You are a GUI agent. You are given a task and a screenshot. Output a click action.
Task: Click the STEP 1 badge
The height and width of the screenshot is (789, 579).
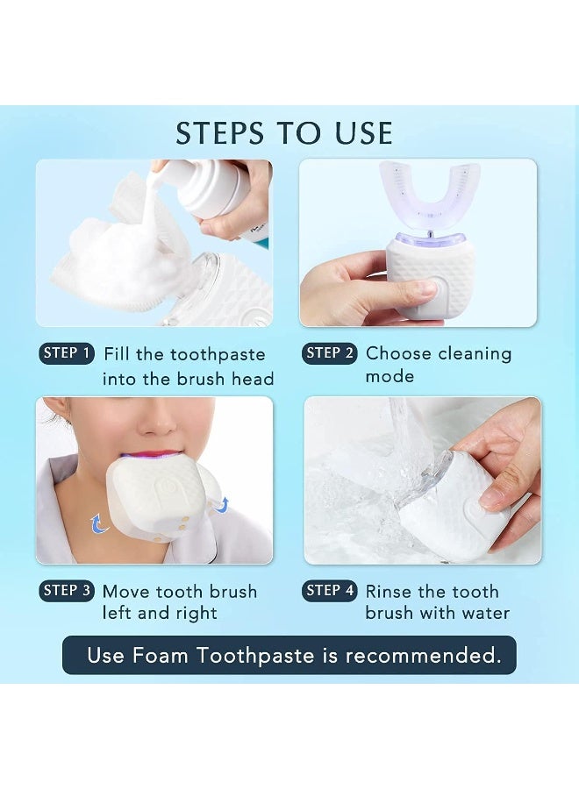[66, 353]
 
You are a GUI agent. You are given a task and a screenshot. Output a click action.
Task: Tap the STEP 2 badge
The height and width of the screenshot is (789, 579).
[330, 353]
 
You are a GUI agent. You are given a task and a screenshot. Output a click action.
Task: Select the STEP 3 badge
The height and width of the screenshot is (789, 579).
[66, 591]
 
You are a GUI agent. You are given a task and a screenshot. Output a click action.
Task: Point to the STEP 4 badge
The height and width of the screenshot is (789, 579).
[330, 591]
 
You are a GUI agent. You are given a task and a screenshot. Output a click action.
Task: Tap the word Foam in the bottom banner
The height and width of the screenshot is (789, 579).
[162, 656]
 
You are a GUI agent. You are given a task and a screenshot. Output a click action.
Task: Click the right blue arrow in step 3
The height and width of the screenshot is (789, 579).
[223, 503]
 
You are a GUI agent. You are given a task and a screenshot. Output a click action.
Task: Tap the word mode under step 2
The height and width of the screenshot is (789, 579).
[390, 377]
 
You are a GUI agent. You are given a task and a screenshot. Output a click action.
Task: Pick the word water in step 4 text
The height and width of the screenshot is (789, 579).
[481, 614]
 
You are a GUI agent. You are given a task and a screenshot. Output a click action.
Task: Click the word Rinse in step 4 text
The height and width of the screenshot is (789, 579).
[389, 592]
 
